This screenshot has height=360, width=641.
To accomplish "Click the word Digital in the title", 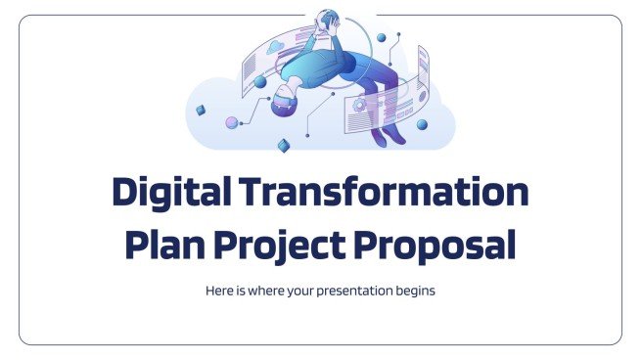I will [173, 192].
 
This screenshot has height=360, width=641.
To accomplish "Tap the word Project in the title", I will [283, 245].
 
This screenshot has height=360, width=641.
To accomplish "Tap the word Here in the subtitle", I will [218, 291].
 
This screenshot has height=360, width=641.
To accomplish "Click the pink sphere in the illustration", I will [232, 123].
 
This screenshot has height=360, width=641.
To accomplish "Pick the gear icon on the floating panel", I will [361, 102].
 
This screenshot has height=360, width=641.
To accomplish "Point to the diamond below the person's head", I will [283, 146].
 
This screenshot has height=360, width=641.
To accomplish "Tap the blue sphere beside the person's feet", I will [422, 124].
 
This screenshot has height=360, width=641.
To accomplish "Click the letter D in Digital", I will [126, 192].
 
